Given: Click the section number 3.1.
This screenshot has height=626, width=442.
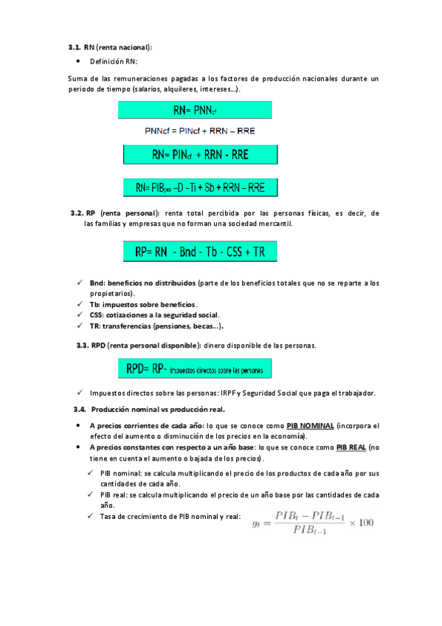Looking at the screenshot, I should tap(75, 47).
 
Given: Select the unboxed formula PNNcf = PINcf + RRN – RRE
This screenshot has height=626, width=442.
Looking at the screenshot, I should tap(200, 131).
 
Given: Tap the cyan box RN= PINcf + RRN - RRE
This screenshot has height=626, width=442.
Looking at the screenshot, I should tap(199, 154).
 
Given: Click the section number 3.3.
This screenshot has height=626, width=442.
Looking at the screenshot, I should tap(83, 345).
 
